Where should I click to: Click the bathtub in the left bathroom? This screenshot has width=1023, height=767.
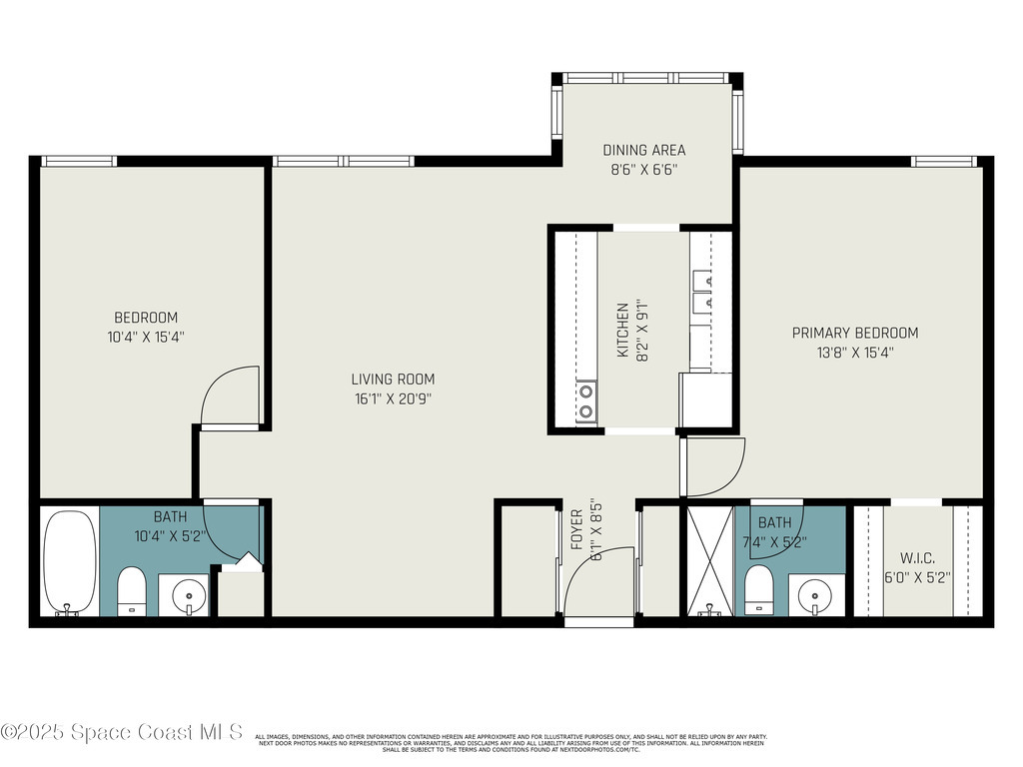tap(70, 561)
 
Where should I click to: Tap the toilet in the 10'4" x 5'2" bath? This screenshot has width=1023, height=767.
tap(132, 591)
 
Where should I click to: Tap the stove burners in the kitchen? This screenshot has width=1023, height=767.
tap(586, 401)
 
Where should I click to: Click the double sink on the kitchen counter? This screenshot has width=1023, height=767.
tap(703, 290)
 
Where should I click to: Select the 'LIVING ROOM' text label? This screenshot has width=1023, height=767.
tap(393, 380)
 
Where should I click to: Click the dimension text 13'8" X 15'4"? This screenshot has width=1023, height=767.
tap(854, 352)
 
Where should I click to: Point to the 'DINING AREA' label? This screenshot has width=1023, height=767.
tap(644, 151)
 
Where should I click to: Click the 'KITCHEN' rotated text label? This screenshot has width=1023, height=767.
tap(622, 331)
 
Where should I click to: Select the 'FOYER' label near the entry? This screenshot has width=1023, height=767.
tap(577, 531)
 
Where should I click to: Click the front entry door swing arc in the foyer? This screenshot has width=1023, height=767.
tap(599, 579)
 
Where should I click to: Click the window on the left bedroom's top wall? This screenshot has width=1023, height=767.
tap(79, 161)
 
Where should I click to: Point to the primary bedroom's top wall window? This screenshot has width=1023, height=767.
tap(942, 161)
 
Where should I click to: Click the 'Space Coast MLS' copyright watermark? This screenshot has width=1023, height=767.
tap(122, 732)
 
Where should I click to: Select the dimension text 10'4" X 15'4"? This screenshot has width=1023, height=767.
tap(145, 337)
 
